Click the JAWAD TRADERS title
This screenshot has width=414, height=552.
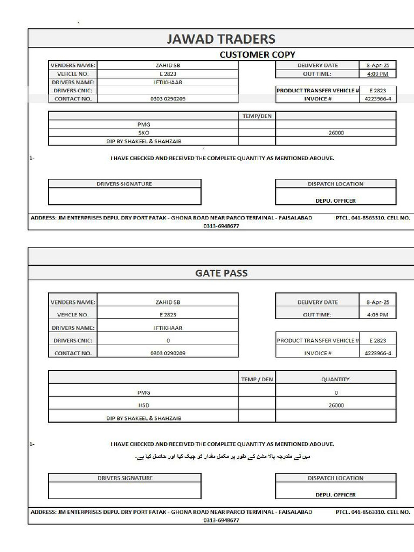click(221, 39)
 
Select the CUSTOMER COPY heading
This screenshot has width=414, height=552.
click(257, 54)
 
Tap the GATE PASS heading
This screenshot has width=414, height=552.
click(221, 273)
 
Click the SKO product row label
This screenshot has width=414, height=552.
click(143, 133)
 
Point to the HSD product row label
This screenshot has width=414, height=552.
click(143, 405)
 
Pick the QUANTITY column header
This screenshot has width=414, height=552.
click(335, 379)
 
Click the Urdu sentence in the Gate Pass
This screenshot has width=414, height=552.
click(222, 457)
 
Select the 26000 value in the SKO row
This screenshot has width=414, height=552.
click(336, 133)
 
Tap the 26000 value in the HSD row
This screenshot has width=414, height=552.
click(336, 405)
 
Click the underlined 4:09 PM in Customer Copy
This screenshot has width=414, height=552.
click(377, 74)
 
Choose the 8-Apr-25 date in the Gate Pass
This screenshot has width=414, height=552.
click(377, 302)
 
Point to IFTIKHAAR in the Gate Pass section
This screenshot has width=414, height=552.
click(168, 328)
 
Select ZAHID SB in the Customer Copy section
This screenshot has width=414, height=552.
click(168, 65)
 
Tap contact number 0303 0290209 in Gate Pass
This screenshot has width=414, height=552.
click(168, 353)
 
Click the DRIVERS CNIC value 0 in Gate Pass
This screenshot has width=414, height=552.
click(168, 341)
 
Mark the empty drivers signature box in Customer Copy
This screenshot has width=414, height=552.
click(125, 196)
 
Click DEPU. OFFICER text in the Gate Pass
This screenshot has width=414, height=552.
click(335, 494)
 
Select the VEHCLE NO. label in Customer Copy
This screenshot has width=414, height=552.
click(73, 74)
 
